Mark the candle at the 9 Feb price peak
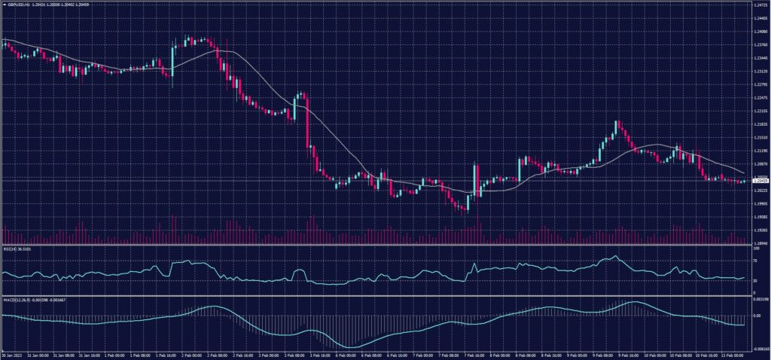tap(617, 126)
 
